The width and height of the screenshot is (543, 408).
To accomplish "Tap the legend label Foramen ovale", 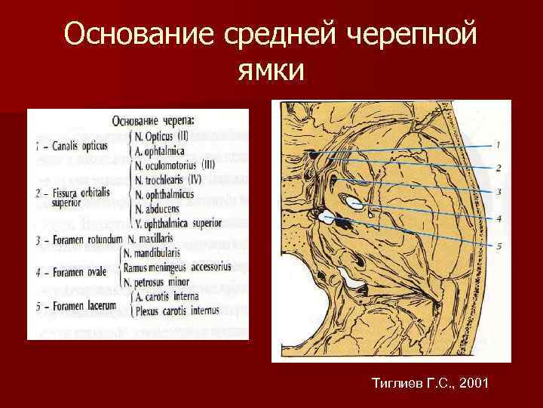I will pos(75,272).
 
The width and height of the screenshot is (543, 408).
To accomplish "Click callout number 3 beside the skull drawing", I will pos(498,193).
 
